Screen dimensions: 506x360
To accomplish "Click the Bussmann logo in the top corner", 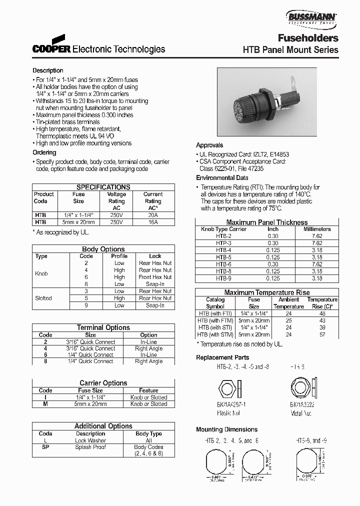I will (311, 18).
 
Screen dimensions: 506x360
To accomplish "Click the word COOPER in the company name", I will (52, 49).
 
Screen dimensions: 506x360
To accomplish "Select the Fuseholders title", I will (308, 38).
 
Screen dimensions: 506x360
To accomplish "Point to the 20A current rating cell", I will (153, 215).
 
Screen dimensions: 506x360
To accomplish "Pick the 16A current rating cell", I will (153, 222).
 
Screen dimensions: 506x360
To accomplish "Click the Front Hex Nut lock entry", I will (155, 277).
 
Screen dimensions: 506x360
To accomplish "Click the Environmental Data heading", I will (222, 178).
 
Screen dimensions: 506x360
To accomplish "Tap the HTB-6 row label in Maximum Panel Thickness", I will (223, 264).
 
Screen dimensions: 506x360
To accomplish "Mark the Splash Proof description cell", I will (90, 447).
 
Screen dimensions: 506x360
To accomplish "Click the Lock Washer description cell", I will (90, 440).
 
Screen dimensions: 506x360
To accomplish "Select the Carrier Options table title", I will (103, 383).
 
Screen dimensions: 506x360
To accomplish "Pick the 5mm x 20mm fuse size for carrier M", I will (90, 404).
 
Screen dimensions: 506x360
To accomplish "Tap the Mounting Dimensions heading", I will (226, 429).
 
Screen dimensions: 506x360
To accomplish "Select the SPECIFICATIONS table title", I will (103, 187).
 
